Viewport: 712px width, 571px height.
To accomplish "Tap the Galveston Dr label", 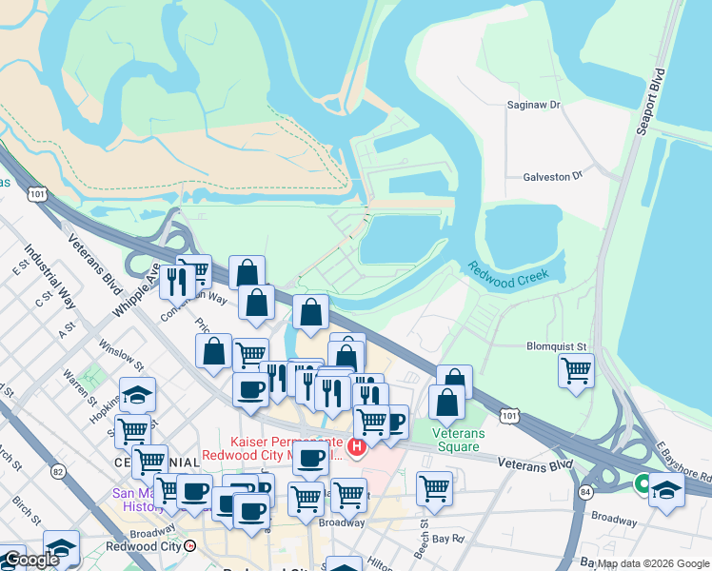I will point(552,177).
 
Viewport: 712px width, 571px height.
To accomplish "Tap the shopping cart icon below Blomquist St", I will point(577,370).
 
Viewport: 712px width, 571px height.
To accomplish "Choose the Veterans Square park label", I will point(459,440).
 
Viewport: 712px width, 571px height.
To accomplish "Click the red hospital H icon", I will point(357,446).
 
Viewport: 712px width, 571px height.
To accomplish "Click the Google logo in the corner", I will point(30,560).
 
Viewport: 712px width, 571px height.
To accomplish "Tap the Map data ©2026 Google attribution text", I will point(652,563).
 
